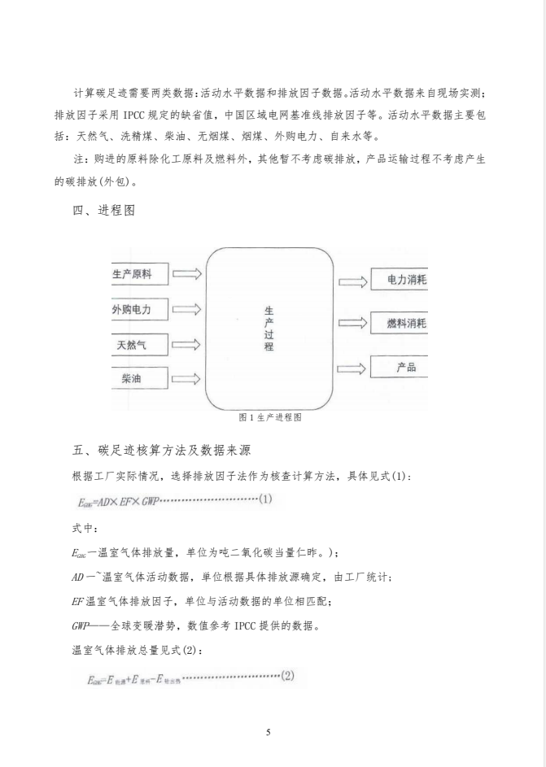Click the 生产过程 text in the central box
pyautogui.click(x=269, y=329)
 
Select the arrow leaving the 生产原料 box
pyautogui.click(x=187, y=275)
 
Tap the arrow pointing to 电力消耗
pyautogui.click(x=352, y=281)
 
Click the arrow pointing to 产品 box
pyautogui.click(x=352, y=368)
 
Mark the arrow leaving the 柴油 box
pyautogui.click(x=187, y=378)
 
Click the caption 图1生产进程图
pyautogui.click(x=270, y=417)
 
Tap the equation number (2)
pyautogui.click(x=287, y=674)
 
